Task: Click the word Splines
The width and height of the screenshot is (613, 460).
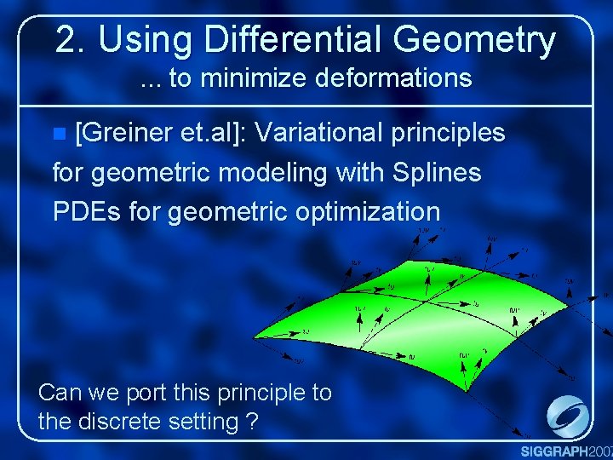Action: (x=435, y=173)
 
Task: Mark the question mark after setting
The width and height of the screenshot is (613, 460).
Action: (x=251, y=421)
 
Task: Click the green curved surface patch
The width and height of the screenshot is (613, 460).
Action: (x=426, y=315)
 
